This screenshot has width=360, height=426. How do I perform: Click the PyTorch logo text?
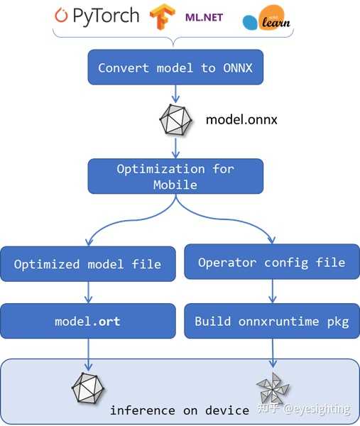coord(97,16)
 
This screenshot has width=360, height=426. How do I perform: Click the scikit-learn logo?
coord(267,21)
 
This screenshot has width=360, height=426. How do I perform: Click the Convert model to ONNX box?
coord(175,68)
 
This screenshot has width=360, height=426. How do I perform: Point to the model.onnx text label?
coord(241,119)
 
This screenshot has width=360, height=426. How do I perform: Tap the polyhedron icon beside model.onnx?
coord(175,120)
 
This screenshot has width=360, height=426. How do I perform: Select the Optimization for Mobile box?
coord(175,176)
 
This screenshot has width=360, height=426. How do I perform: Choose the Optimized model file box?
coord(87,264)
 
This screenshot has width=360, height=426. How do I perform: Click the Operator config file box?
coord(271,263)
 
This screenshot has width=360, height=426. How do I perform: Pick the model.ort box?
coord(87,321)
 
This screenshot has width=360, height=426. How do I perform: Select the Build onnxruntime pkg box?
coord(271,321)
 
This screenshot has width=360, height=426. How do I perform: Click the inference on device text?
coord(179,410)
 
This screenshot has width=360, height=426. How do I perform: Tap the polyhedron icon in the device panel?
coord(87,388)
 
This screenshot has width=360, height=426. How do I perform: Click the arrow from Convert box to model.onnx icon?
coord(175,94)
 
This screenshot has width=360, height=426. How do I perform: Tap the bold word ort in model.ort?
coord(109,321)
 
